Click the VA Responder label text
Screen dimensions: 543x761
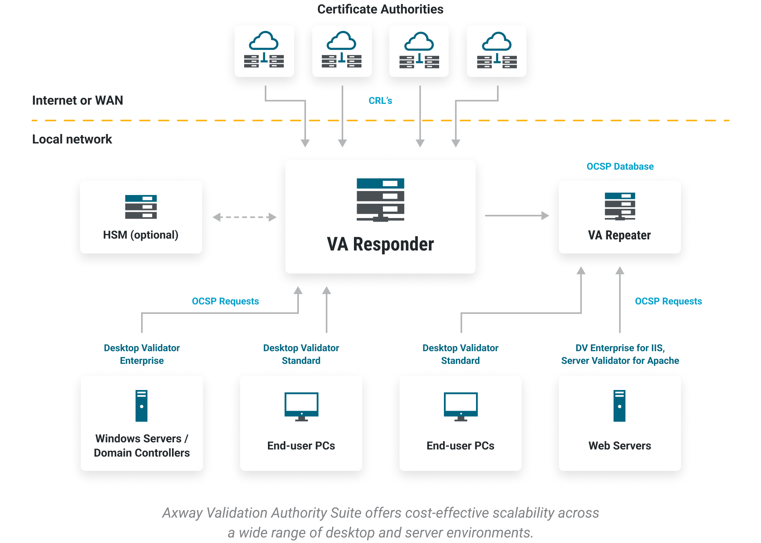point(380,244)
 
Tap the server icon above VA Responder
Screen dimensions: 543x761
point(380,199)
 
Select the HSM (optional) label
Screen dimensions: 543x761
point(141,235)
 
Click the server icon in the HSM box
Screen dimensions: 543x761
point(141,206)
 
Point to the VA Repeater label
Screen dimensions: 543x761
point(619,235)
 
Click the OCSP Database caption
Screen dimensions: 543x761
point(620,166)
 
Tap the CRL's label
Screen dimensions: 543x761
point(380,101)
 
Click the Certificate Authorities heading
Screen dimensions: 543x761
point(380,9)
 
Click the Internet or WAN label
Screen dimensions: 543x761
point(78,100)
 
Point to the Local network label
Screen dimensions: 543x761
point(72,139)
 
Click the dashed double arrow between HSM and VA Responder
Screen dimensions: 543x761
point(244,217)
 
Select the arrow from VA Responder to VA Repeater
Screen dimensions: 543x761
point(517,216)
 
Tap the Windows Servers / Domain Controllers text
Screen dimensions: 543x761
point(141,445)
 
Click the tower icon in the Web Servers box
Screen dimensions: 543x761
point(620,405)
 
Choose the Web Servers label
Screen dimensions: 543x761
point(620,446)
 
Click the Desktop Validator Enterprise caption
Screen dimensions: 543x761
point(141,354)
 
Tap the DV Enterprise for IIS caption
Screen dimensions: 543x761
point(620,348)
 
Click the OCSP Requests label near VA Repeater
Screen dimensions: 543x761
point(668,301)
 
